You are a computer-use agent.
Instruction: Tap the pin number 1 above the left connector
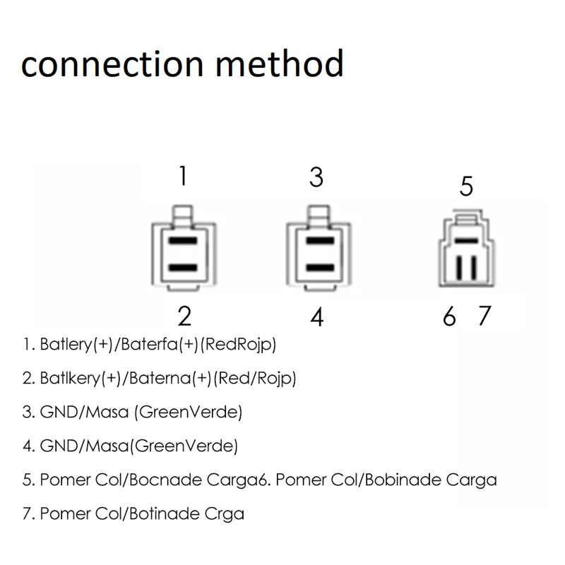click(183, 175)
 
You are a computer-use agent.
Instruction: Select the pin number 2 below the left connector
click(184, 316)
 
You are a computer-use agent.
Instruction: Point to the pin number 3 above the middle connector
click(316, 177)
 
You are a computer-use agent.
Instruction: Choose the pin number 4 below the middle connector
click(317, 317)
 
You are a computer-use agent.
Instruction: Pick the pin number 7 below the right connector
click(483, 316)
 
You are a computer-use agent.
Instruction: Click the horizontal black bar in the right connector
click(466, 241)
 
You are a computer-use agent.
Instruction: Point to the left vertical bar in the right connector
click(459, 268)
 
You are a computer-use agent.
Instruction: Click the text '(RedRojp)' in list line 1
click(239, 345)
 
